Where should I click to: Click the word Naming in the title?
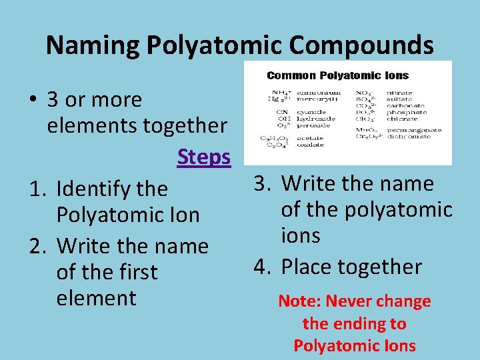92,45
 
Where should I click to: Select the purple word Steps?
203,157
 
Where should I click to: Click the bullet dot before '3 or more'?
32,100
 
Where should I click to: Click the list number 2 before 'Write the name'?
37,247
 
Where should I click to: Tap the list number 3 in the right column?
261,184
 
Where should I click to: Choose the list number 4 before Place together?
261,267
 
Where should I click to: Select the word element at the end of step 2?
97,298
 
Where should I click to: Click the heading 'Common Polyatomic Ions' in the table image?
337,75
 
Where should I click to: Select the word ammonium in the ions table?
319,92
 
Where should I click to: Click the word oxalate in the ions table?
311,145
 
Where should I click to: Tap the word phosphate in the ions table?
399,111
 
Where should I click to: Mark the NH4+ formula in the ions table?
279,92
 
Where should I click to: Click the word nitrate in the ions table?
399,92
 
